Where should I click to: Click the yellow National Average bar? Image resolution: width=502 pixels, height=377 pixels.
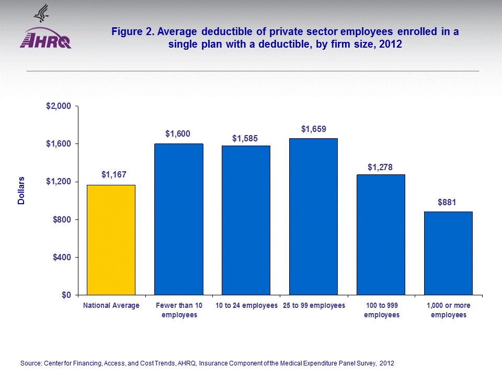point(111,240)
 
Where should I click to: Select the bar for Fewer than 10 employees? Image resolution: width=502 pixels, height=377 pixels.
point(178,219)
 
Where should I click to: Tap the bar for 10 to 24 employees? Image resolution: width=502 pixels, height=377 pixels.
point(246,220)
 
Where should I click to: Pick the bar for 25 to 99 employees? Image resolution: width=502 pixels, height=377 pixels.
point(313,217)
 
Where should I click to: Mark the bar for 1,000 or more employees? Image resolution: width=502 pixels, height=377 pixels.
point(448,253)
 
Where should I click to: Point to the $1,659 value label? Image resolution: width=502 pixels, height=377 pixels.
point(313,128)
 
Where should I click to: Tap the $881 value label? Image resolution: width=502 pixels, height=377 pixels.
point(448,202)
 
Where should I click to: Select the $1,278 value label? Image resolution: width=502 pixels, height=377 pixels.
point(381,167)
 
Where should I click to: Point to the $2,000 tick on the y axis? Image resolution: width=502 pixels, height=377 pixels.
point(59,106)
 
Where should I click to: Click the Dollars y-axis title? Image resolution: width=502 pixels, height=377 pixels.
point(21,190)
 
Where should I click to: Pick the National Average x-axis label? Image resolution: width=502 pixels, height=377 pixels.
point(111,305)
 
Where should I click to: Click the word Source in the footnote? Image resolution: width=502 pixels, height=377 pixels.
point(30,363)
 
